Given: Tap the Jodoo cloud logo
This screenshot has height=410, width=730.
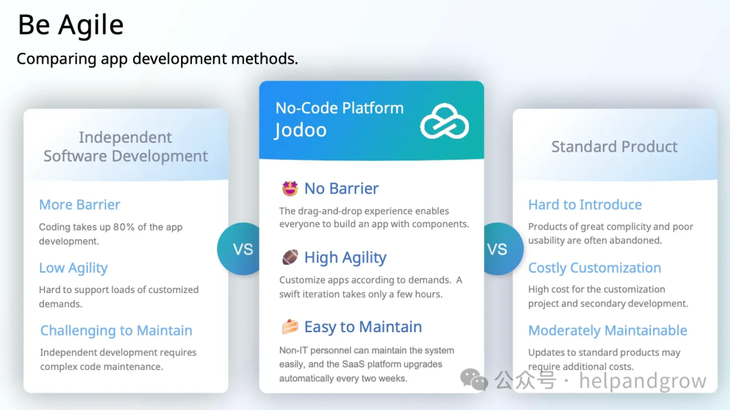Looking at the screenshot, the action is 444,121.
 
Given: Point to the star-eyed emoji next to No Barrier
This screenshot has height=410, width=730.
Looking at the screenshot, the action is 289,188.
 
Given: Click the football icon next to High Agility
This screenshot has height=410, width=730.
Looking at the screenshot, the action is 289,257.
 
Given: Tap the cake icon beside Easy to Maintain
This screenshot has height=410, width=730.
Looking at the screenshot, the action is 289,327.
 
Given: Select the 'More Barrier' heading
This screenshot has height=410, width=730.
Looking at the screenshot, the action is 80,204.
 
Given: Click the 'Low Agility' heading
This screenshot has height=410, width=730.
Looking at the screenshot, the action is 73,268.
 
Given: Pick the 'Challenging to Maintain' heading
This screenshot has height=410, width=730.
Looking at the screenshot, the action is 116,330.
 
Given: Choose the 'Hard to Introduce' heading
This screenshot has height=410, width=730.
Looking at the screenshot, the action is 585,204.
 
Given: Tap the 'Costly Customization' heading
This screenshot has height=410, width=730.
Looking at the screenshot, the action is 595,268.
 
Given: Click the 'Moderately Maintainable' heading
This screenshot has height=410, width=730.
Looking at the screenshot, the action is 608,330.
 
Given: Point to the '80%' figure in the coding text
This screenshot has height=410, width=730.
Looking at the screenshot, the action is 124,227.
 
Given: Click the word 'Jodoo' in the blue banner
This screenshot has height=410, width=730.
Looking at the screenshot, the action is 301,130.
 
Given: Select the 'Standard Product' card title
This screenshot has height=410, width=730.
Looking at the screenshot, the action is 614,146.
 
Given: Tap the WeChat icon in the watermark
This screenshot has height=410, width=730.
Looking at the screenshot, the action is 474,380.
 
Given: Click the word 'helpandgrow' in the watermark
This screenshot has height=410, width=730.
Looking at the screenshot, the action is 643,381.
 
